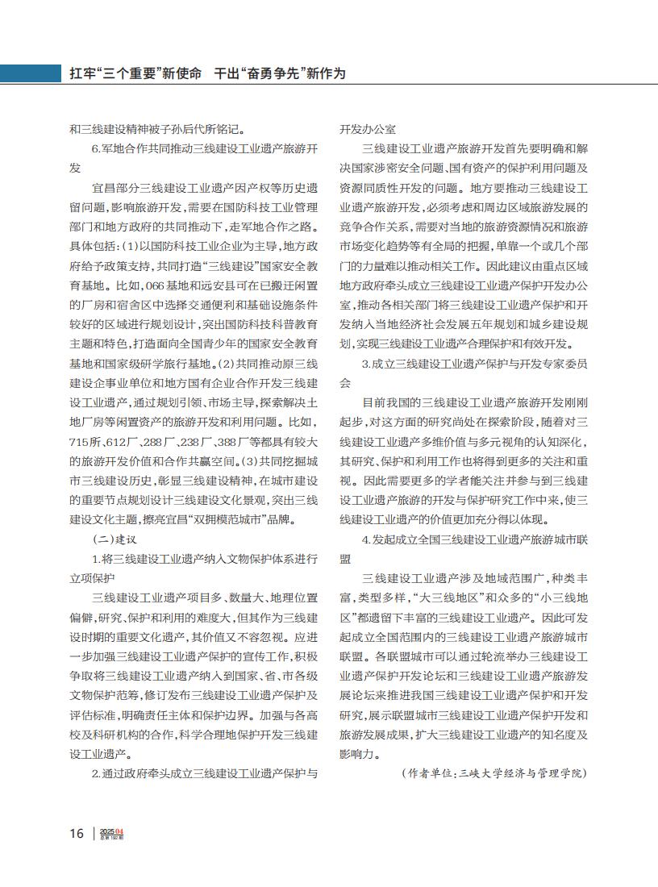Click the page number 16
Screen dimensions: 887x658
(x=76, y=833)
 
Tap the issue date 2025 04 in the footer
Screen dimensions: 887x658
(x=113, y=831)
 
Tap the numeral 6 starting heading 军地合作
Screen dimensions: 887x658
(x=95, y=149)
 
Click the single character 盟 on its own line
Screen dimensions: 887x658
(x=345, y=558)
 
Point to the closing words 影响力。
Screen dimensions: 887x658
(x=359, y=753)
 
